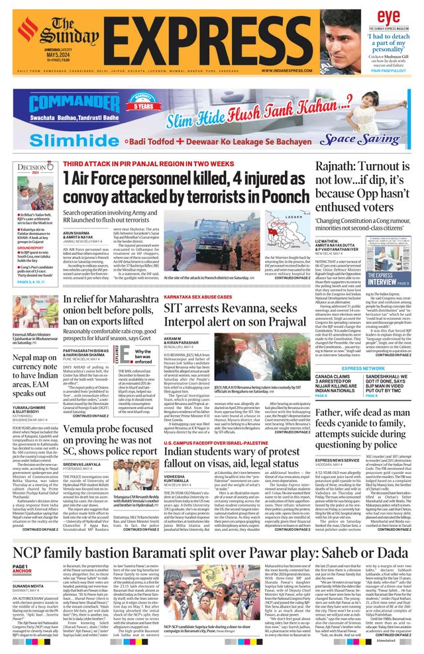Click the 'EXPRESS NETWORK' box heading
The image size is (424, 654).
[x=363, y=369]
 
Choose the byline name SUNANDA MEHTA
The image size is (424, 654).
[x=27, y=586]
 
